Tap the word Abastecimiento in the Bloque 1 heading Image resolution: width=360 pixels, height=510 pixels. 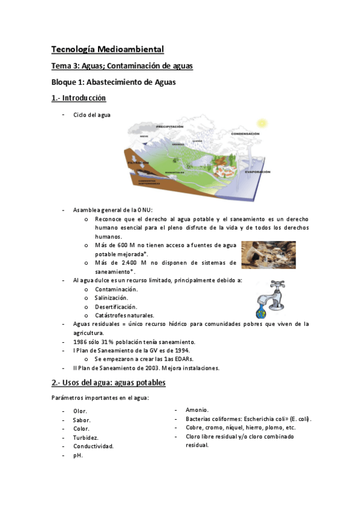(x=117, y=82)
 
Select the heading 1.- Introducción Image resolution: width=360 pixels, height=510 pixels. (x=79, y=98)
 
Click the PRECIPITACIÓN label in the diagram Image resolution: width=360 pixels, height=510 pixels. (x=170, y=127)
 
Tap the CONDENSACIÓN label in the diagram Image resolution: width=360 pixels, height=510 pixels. (x=245, y=134)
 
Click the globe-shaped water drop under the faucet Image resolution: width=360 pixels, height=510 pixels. (x=261, y=313)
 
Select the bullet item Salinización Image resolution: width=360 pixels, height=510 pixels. (x=111, y=298)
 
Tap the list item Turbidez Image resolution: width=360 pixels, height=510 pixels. (x=86, y=437)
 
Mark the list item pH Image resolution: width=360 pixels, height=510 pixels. (x=78, y=455)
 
